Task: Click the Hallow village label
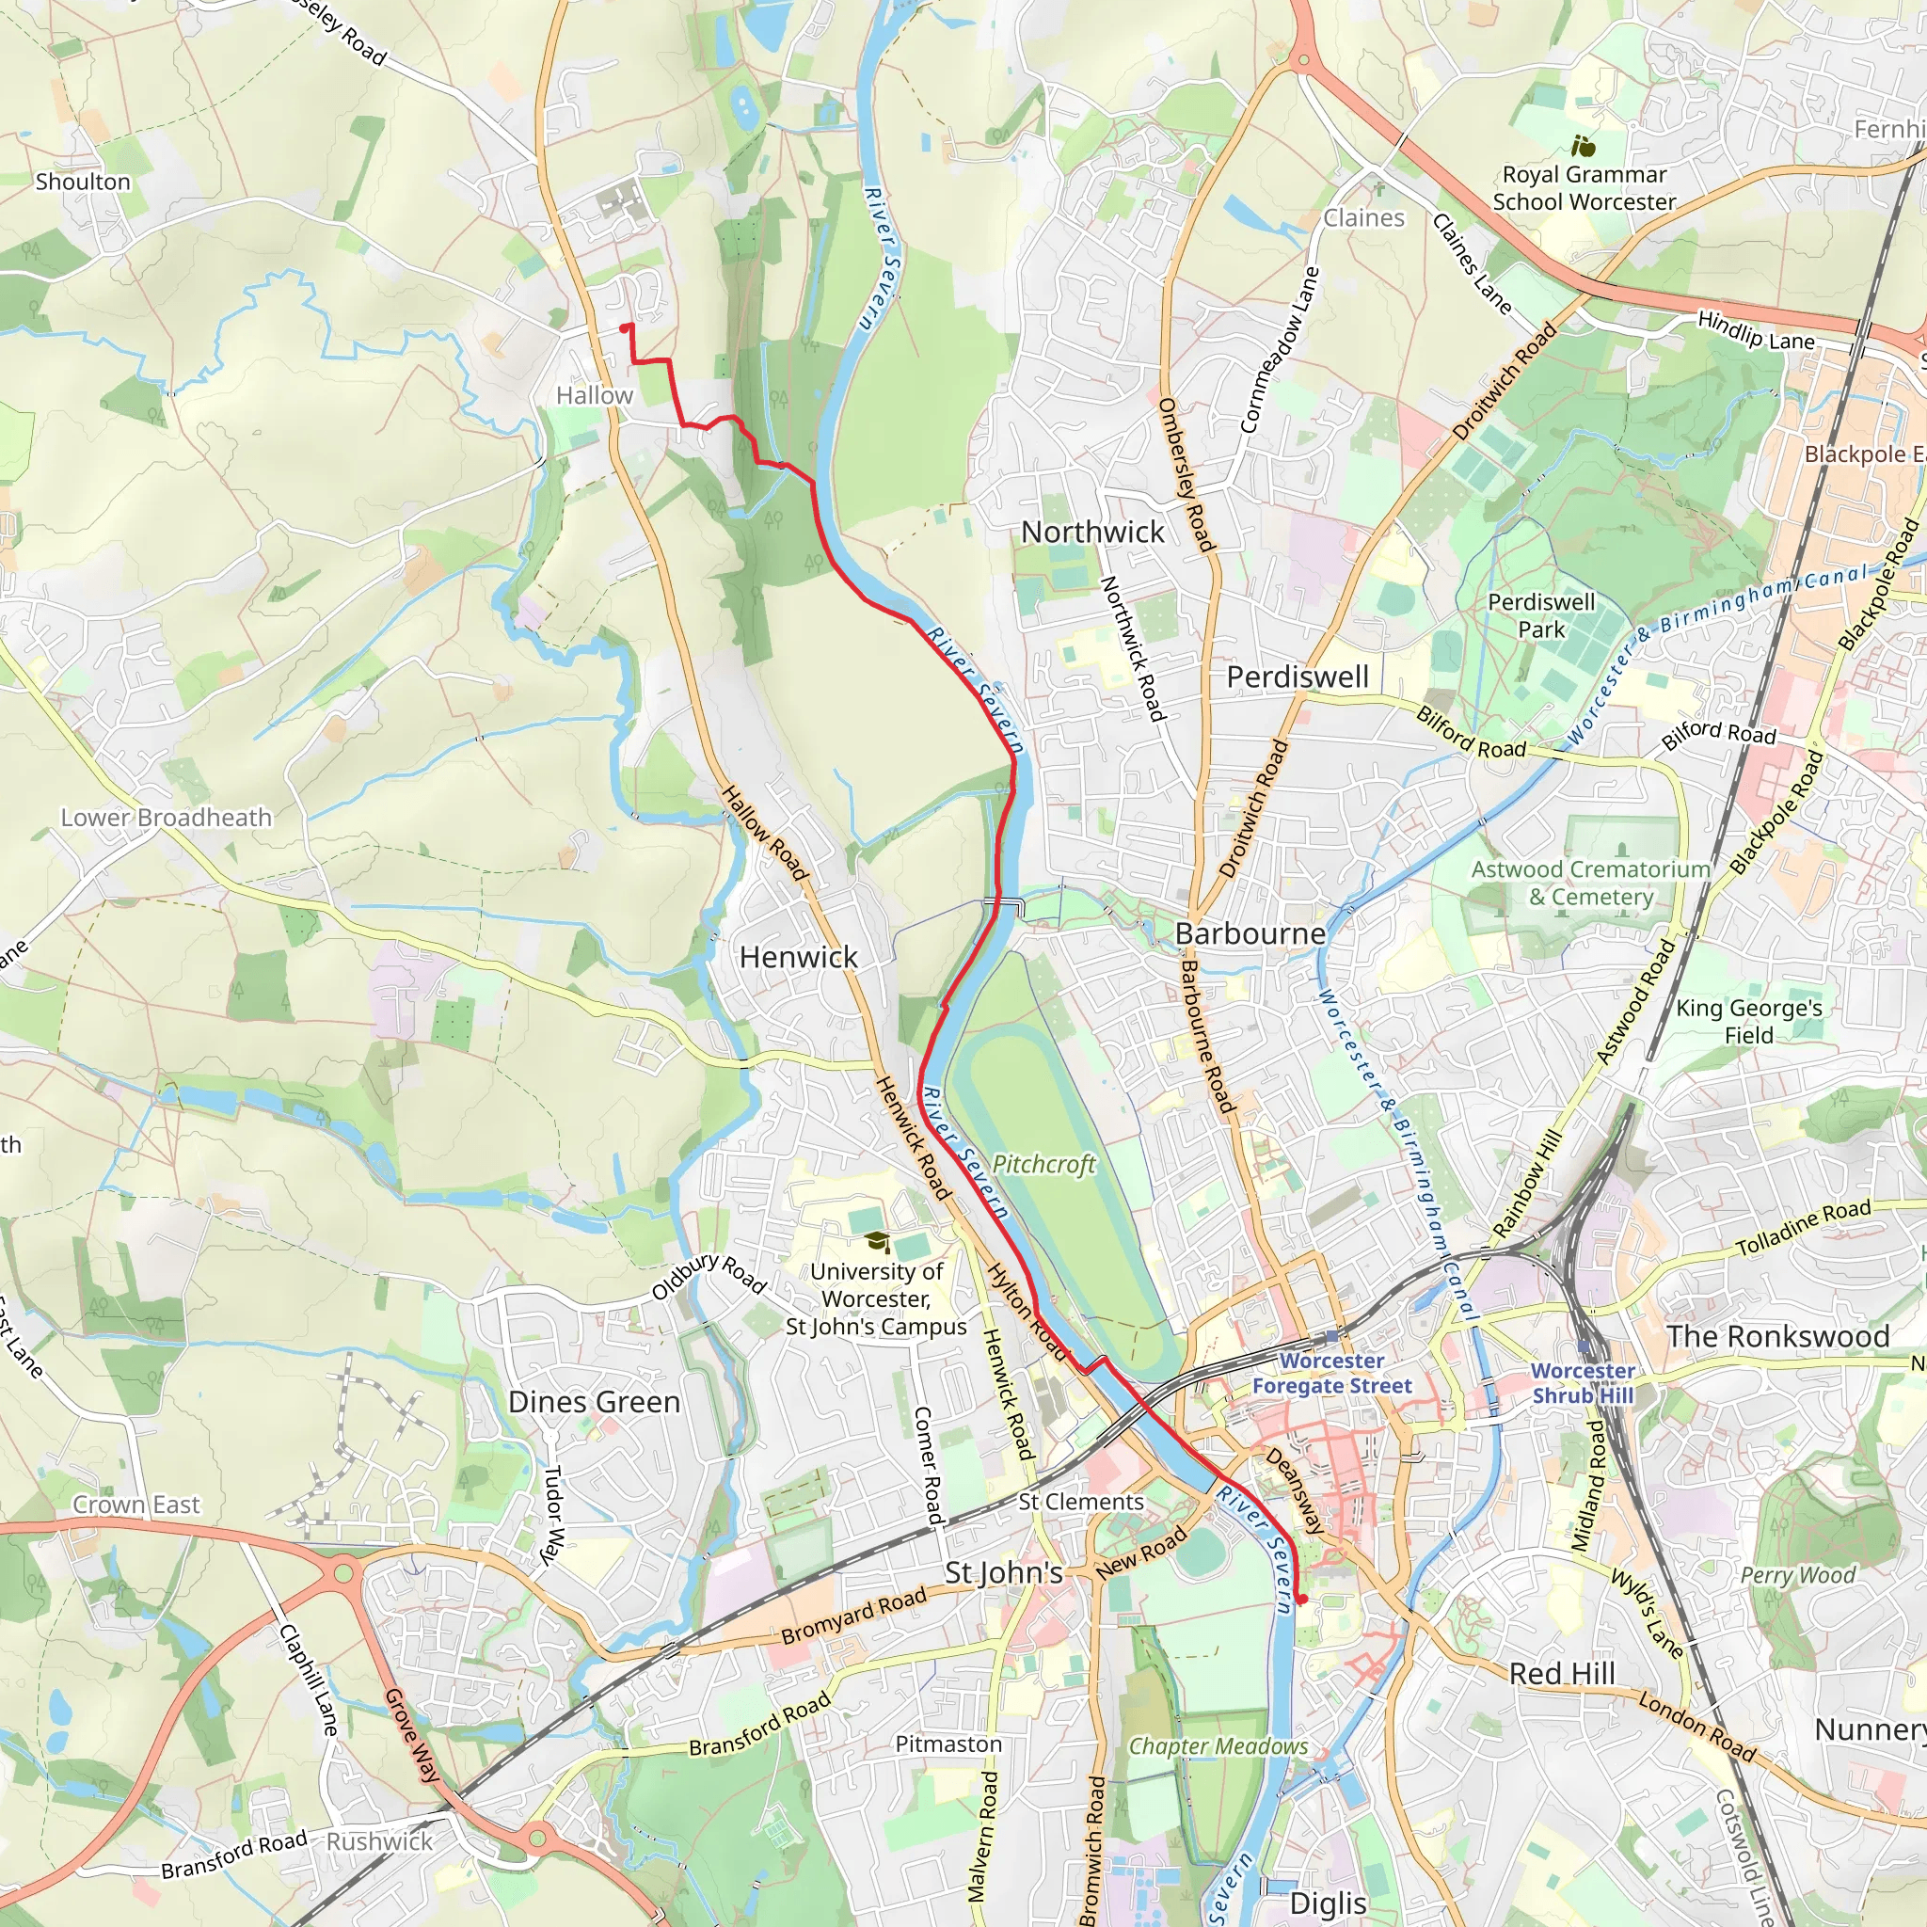(595, 396)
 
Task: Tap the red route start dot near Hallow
(626, 328)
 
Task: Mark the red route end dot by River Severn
(1301, 1599)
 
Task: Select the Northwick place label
(1092, 533)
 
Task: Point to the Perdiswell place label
(1298, 677)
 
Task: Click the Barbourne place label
(1250, 933)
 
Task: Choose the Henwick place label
(798, 958)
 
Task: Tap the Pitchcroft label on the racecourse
(1043, 1164)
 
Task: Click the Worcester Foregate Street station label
(1331, 1374)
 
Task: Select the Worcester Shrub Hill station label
(1583, 1383)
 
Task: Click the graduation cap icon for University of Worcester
(877, 1242)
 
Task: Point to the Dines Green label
(595, 1402)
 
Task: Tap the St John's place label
(1003, 1573)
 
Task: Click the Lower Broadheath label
(167, 818)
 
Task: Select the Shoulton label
(83, 183)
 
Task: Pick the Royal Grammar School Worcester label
(1584, 187)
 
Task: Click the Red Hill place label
(1562, 1674)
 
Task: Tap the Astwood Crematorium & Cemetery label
(1591, 883)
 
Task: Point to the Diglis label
(1328, 1903)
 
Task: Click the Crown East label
(136, 1505)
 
